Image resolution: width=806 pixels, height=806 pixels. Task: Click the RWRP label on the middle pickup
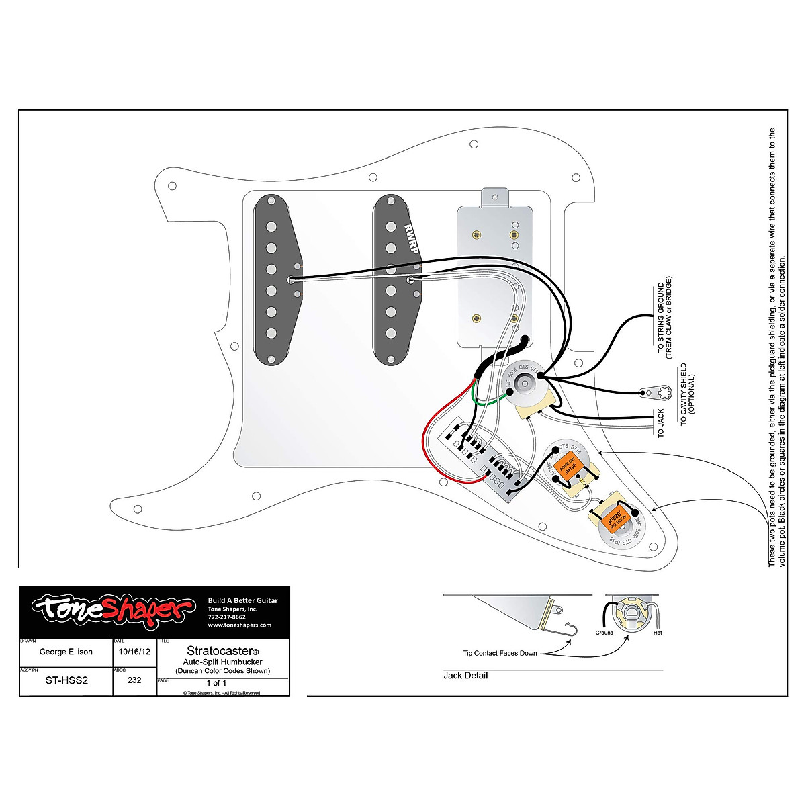pos(411,239)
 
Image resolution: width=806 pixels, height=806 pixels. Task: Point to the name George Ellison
pos(66,652)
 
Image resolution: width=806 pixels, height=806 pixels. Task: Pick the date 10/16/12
pos(134,652)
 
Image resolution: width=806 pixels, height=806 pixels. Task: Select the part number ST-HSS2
pos(66,680)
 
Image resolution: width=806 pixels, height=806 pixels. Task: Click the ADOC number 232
pos(134,680)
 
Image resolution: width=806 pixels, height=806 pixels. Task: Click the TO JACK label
pos(661,423)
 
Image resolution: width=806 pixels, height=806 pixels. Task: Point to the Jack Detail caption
pos(465,675)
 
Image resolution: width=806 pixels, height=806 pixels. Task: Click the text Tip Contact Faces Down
pos(500,653)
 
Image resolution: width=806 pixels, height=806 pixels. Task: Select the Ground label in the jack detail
pos(604,633)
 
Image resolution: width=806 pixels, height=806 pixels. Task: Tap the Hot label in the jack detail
pos(657,633)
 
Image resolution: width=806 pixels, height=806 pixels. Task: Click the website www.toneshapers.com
pos(239,625)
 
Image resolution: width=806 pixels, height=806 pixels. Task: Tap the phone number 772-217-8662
pos(227,617)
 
